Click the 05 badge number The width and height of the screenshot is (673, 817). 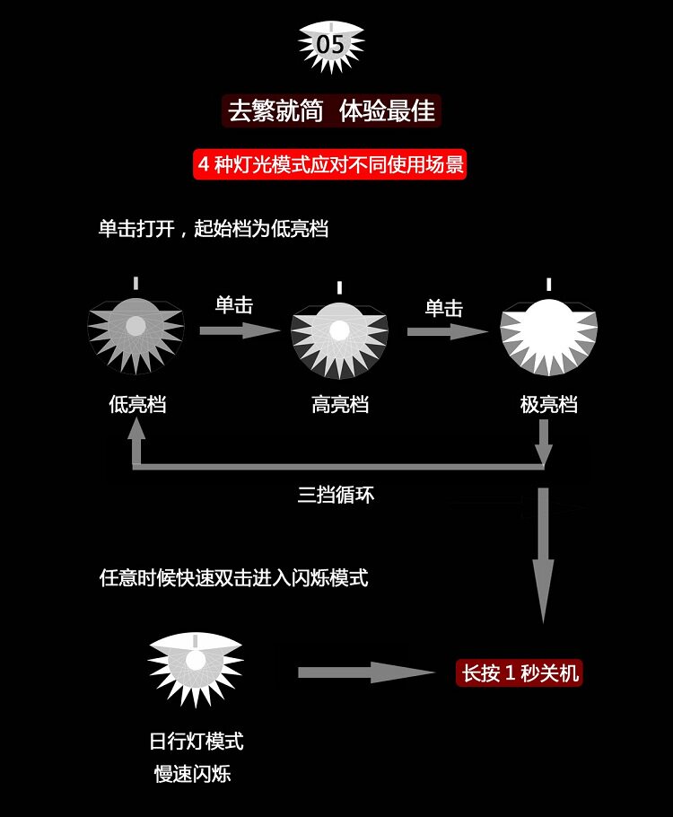pos(330,43)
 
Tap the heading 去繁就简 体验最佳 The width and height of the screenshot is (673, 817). pos(331,110)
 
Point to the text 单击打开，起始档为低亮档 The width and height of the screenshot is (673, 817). pos(214,228)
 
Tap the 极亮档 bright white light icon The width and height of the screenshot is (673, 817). pos(548,332)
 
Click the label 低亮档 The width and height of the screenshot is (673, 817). pos(137,404)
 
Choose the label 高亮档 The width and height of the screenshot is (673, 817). pos(340,404)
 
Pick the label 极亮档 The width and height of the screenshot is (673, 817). pos(548,404)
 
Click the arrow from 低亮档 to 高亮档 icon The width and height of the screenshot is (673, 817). pos(240,330)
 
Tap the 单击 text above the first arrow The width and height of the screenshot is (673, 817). pos(234,305)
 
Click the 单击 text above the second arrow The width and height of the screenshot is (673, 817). pos(443,308)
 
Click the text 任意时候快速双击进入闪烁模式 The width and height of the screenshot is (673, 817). pos(233,577)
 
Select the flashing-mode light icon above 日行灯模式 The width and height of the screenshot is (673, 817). pos(196,666)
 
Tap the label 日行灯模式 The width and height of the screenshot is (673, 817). pos(196,742)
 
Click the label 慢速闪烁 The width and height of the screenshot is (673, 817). pos(192,774)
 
